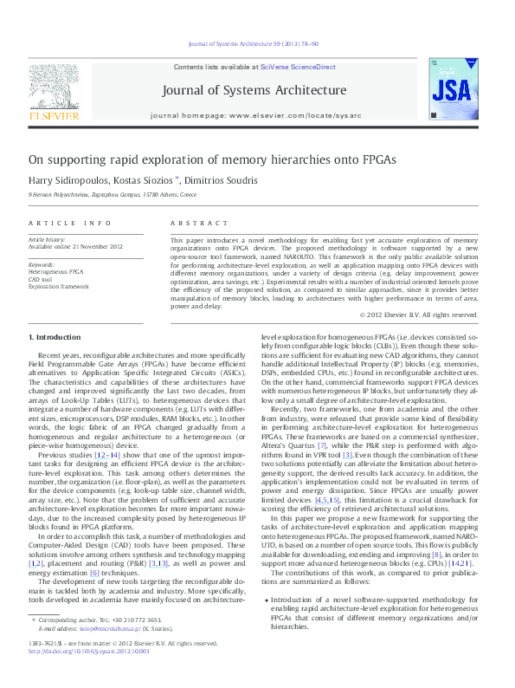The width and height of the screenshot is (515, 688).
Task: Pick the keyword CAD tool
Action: pyautogui.click(x=41, y=280)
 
